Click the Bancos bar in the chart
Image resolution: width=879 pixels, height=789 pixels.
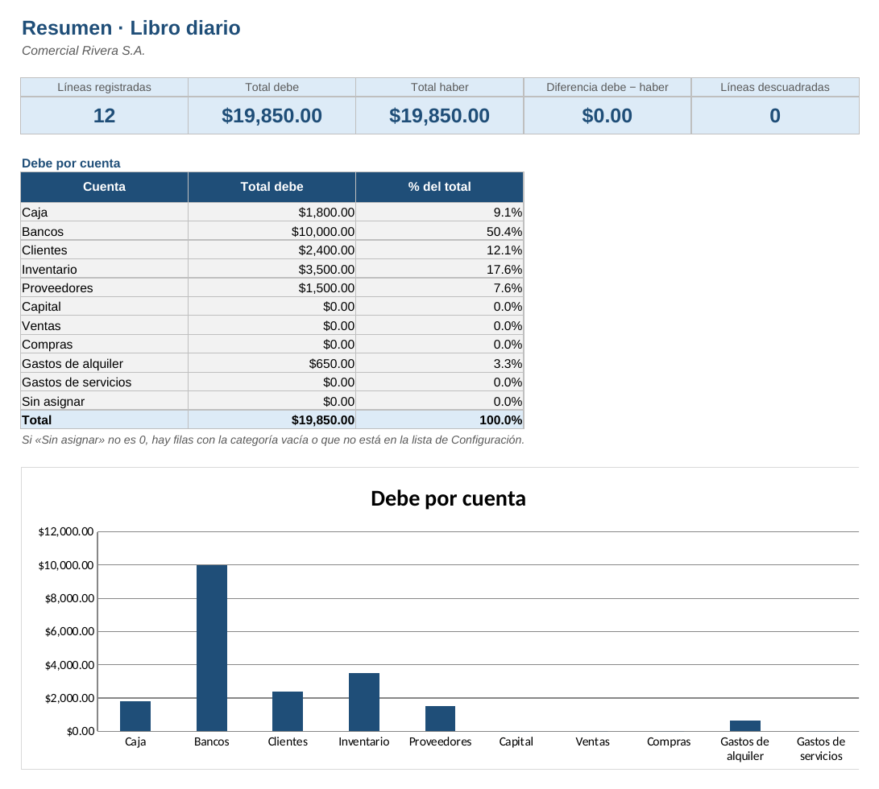point(211,648)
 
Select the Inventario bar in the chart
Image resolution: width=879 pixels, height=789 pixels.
point(364,702)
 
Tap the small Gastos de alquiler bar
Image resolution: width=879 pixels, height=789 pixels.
point(745,725)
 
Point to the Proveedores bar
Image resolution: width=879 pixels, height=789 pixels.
point(440,718)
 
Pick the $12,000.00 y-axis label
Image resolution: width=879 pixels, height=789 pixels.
point(66,532)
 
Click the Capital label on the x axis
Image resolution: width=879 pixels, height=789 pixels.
point(516,741)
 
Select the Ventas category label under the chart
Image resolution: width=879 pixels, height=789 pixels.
point(592,741)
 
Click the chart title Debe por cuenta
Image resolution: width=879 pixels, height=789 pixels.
point(449,498)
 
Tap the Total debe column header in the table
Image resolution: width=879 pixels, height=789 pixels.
point(272,187)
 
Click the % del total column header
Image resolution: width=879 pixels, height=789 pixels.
point(440,187)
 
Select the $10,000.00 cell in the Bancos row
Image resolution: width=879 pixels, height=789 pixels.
point(323,231)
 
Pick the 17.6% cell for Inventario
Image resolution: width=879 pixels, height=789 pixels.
point(504,270)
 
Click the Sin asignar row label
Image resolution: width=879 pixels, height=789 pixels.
point(53,401)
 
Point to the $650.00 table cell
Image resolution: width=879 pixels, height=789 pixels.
point(332,364)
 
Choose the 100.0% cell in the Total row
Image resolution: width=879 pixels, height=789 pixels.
point(501,420)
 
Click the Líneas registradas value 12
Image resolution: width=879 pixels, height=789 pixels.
point(104,115)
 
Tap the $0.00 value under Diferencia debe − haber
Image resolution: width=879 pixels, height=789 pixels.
point(607,115)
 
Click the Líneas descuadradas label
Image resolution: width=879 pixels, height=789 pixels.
point(775,88)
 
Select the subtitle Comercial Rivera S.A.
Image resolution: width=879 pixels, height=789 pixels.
point(84,51)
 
